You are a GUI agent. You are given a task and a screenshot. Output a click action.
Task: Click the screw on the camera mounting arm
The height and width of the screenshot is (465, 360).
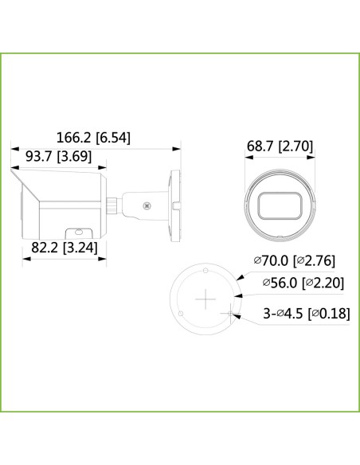[145, 205]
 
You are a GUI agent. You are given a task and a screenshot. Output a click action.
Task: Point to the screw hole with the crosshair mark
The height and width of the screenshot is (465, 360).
[231, 314]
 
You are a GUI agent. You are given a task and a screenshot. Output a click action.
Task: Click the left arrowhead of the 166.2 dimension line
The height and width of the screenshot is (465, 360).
[12, 148]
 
